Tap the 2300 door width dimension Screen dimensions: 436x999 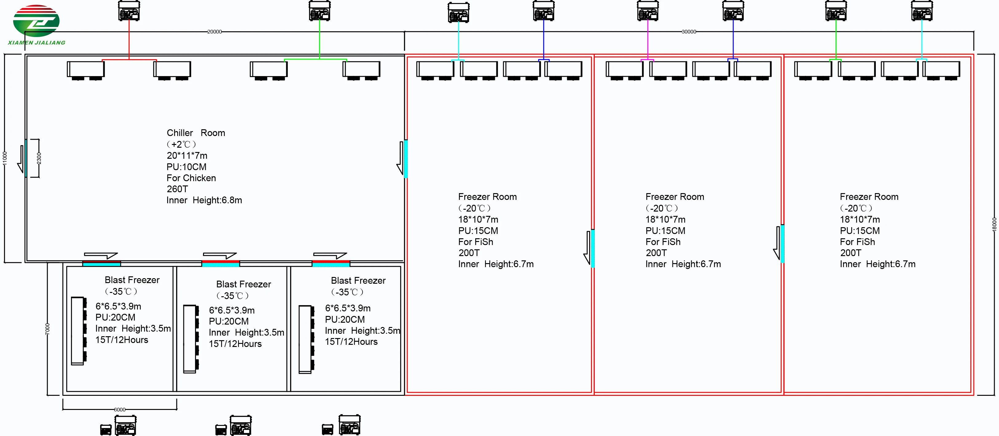click(x=39, y=158)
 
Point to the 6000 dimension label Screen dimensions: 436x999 click(x=119, y=410)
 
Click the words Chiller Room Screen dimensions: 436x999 click(x=196, y=133)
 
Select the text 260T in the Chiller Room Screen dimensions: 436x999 click(x=177, y=189)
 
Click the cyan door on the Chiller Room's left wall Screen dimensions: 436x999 click(x=26, y=158)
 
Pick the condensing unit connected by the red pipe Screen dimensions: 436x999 click(x=129, y=11)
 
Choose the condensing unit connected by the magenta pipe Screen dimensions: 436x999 click(x=648, y=11)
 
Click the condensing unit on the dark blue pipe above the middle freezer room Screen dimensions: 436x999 click(x=733, y=11)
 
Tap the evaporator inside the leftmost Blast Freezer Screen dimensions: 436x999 click(x=78, y=331)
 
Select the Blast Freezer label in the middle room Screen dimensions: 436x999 click(x=244, y=284)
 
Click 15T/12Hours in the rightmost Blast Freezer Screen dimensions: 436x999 click(x=351, y=342)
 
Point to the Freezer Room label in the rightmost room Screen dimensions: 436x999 click(x=869, y=197)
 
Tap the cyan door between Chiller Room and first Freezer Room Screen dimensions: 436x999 click(x=405, y=159)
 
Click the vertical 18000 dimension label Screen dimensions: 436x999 click(x=994, y=225)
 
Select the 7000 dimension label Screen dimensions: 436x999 click(x=48, y=329)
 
